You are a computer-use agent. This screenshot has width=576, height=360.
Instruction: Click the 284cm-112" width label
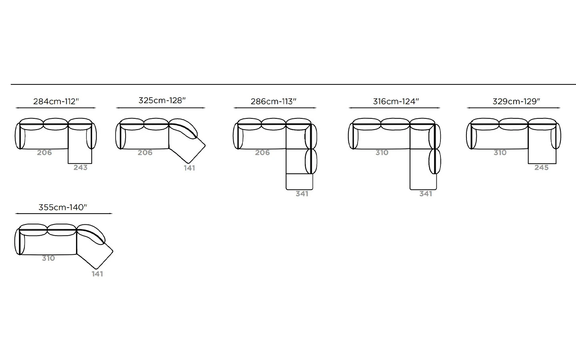[x=56, y=101]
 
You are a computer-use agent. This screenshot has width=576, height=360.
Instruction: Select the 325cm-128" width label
[x=162, y=100]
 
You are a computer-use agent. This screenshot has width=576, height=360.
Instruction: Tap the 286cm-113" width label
[x=274, y=101]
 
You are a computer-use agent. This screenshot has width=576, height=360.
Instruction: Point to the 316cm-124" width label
[x=396, y=101]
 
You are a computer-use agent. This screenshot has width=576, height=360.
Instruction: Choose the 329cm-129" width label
[x=516, y=101]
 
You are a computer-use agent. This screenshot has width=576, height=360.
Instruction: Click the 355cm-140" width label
[x=63, y=207]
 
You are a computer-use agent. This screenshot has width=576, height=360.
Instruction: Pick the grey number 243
[x=80, y=168]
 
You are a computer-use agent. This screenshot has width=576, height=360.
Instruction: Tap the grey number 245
[x=542, y=168]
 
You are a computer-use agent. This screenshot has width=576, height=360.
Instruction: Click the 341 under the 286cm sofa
[x=302, y=194]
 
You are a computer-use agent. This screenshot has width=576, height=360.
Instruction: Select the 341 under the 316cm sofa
[x=426, y=194]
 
